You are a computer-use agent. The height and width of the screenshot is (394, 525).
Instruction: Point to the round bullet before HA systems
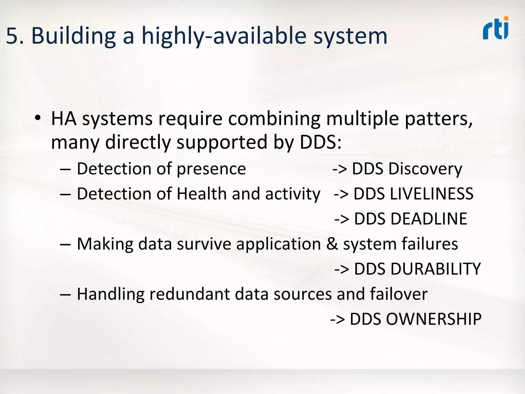click(x=38, y=118)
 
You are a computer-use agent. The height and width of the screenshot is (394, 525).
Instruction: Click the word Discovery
click(x=425, y=169)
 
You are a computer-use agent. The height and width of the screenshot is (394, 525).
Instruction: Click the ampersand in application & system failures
click(x=332, y=244)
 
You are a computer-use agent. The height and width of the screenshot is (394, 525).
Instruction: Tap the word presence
click(x=211, y=169)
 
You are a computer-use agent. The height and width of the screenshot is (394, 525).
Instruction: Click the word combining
click(x=274, y=119)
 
